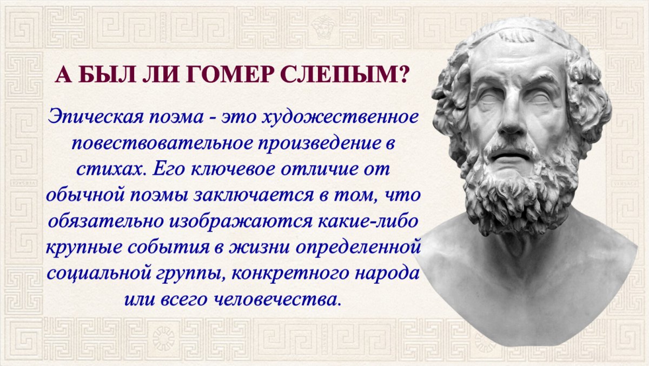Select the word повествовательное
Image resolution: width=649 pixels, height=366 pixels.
[x=163, y=144]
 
